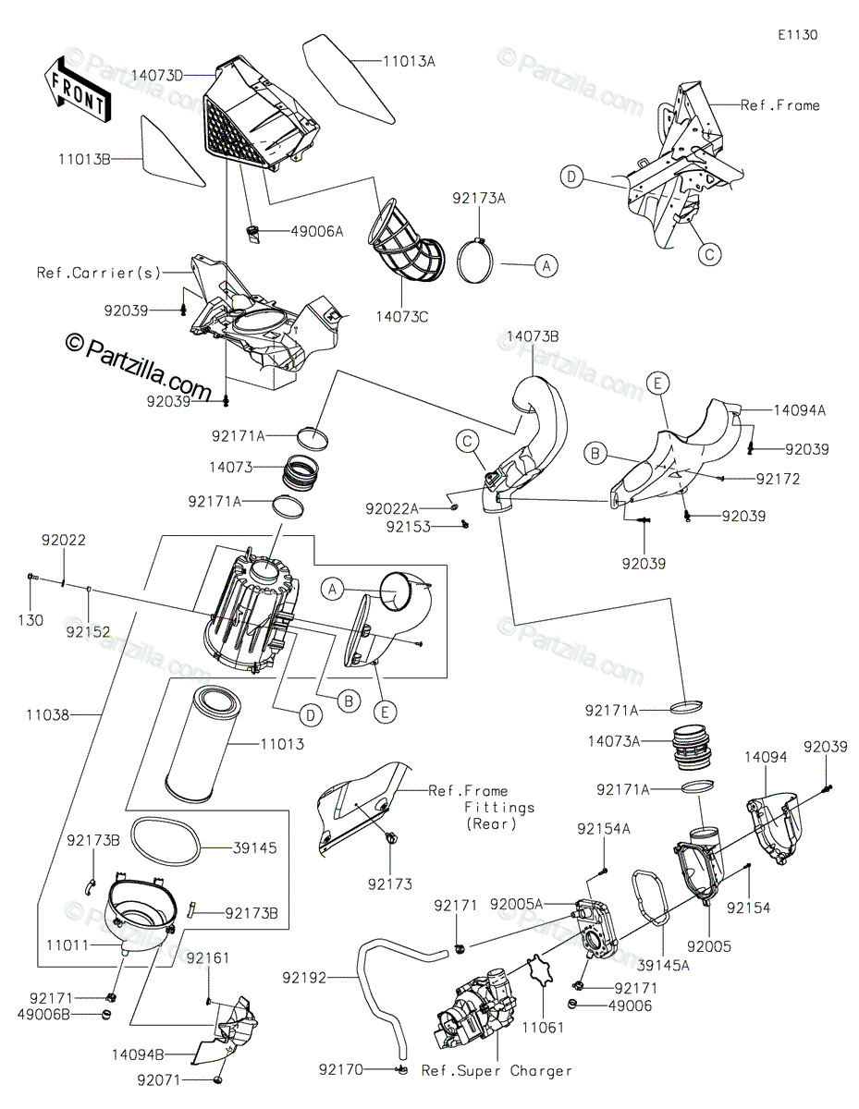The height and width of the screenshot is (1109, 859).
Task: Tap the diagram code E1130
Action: tap(797, 35)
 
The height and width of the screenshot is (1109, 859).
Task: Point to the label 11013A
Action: tap(410, 62)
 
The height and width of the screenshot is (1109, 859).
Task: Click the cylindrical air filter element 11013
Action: tap(201, 740)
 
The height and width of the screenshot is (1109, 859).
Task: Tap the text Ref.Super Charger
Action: tap(497, 1071)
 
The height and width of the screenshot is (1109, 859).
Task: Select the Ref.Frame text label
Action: tap(780, 105)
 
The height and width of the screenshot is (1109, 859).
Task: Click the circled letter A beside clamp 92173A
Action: tap(546, 265)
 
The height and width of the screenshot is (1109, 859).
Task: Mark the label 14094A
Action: tap(800, 408)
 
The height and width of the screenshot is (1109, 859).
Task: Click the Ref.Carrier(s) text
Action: tap(99, 273)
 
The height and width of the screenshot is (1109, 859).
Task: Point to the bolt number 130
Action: tap(31, 621)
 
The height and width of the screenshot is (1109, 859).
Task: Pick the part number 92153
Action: tap(408, 526)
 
